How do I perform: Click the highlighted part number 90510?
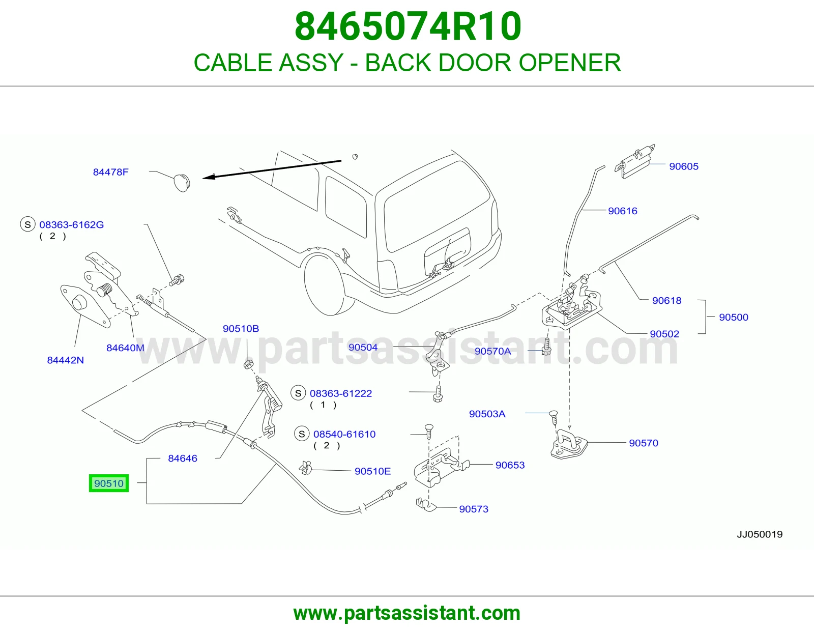pos(109,483)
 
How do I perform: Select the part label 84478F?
pos(110,172)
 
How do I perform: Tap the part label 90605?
pos(684,166)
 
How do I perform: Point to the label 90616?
pos(623,211)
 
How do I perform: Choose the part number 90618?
pos(667,301)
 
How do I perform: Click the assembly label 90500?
pos(734,318)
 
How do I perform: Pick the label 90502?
pos(664,334)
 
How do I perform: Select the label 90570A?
pos(492,351)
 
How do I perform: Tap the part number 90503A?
pos(487,414)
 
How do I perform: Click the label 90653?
pos(510,465)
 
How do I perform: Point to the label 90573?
pos(474,509)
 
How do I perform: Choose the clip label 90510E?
pos(372,471)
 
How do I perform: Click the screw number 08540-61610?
pos(344,434)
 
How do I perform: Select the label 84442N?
pos(65,360)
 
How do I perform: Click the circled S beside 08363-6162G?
pos(27,224)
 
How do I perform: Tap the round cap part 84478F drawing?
pos(182,183)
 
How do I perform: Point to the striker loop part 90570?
pos(569,444)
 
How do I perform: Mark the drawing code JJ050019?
pos(760,534)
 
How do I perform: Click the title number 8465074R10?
pos(408,26)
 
